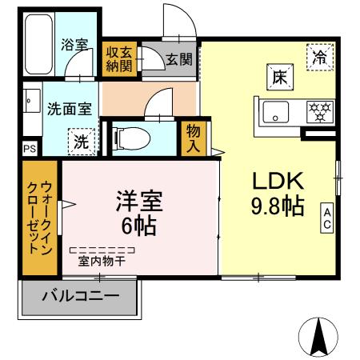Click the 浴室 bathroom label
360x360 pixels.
[74, 46]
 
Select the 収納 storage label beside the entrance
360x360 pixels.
[120, 59]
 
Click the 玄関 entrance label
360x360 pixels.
[179, 59]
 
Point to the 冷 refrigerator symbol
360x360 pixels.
[319, 57]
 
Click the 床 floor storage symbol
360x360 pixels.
[279, 78]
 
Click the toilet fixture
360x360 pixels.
[128, 138]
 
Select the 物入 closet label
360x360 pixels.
[194, 138]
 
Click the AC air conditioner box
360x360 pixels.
[327, 218]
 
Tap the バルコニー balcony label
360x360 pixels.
[80, 296]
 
